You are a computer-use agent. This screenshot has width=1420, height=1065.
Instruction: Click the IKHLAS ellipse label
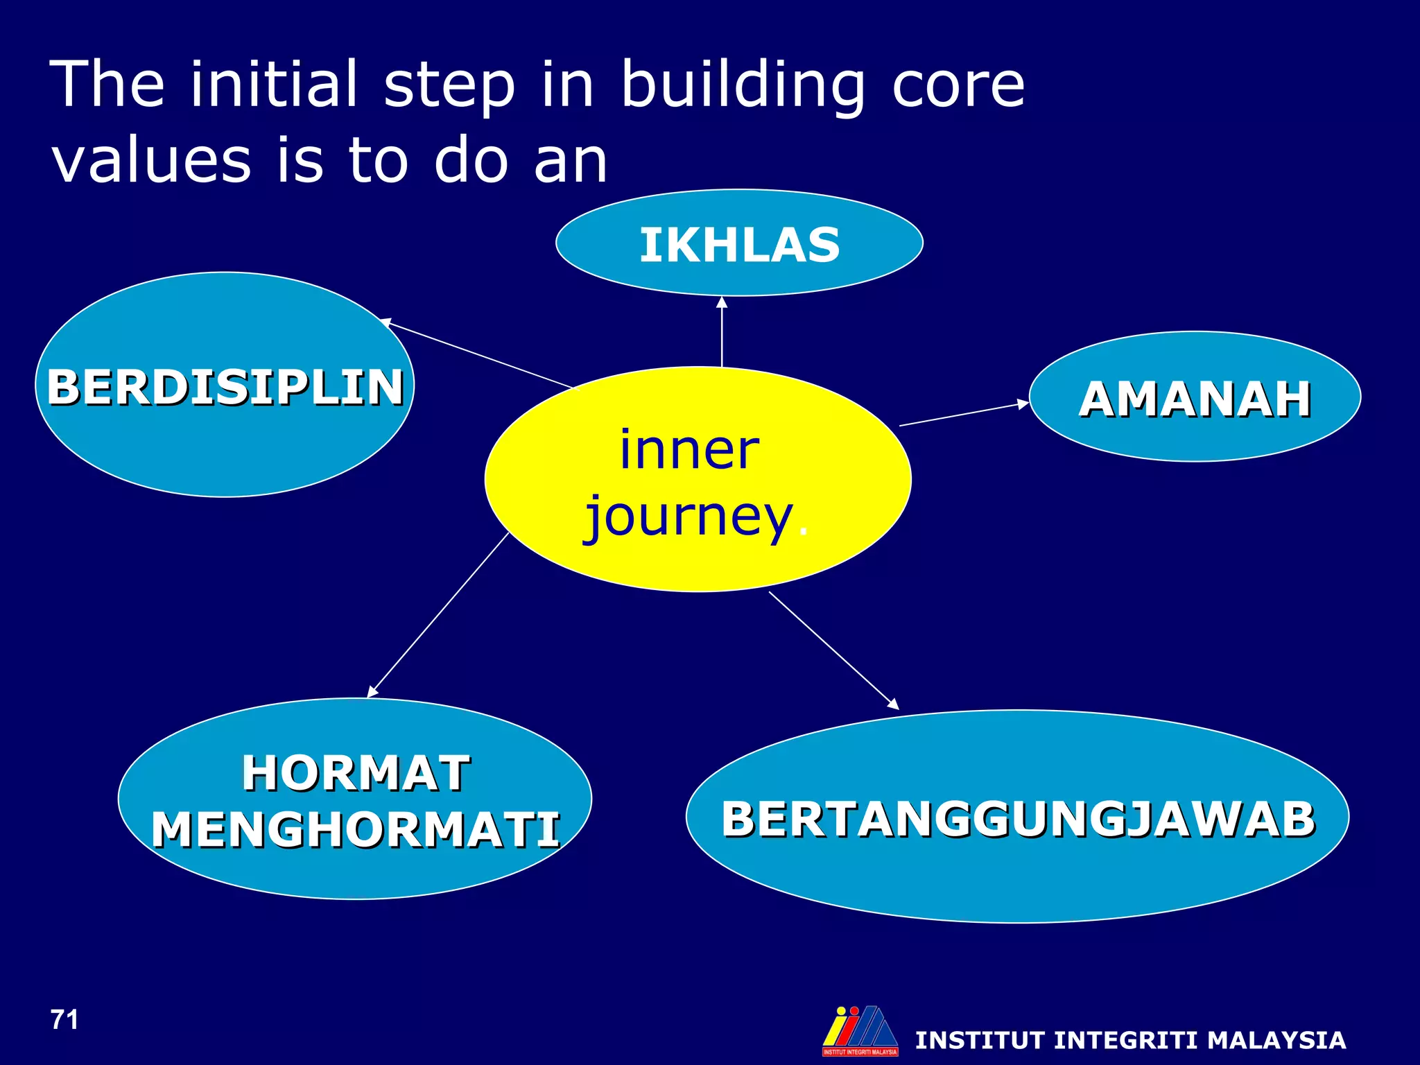click(x=739, y=245)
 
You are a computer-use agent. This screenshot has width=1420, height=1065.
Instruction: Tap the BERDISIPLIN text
click(x=225, y=387)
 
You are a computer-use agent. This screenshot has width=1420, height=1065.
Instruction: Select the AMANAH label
click(x=1195, y=399)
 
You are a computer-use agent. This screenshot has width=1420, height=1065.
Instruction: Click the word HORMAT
click(x=356, y=773)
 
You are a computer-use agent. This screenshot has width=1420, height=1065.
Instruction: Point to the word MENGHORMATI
click(x=356, y=830)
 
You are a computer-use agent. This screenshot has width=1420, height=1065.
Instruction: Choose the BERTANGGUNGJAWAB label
click(x=1018, y=820)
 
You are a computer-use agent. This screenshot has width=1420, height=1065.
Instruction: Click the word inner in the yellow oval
click(x=689, y=451)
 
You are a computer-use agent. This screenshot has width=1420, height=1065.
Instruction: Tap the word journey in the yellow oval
click(x=688, y=518)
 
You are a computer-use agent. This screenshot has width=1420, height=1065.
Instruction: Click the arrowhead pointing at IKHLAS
click(x=722, y=302)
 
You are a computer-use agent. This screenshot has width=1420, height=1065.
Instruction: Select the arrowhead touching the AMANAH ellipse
click(x=1023, y=404)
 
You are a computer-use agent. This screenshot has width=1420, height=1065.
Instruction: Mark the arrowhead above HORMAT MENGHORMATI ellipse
click(x=372, y=691)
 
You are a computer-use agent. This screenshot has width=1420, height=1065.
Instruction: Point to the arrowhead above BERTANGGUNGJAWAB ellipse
click(x=893, y=704)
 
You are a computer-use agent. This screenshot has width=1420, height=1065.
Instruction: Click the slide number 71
click(x=64, y=1020)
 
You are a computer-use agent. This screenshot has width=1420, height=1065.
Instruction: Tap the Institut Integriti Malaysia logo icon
click(x=860, y=1031)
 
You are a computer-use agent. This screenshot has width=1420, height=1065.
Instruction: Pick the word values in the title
click(x=151, y=161)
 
